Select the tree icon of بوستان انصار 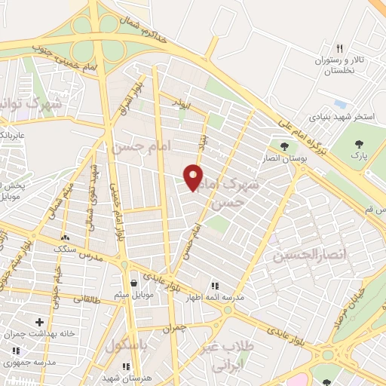coord(283,146)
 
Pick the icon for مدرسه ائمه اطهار coord(215,286)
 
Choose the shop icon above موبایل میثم coord(133,283)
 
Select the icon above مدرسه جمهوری coord(17,351)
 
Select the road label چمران coord(174,329)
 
